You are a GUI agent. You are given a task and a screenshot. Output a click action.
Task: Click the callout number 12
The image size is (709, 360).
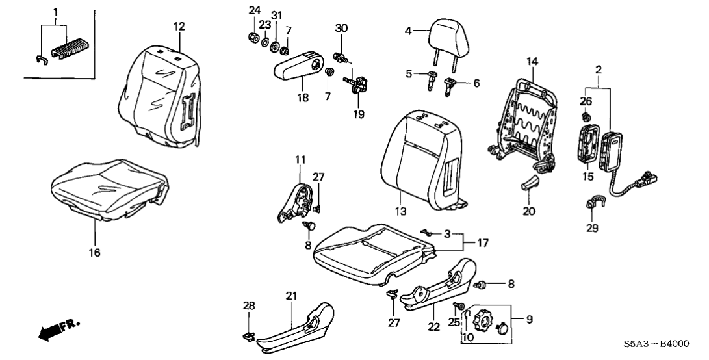(179, 27)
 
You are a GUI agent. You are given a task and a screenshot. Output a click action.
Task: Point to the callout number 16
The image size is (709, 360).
(95, 253)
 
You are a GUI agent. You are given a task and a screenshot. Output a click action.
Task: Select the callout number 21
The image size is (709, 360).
(291, 296)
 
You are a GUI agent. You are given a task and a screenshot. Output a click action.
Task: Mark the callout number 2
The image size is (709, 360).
(598, 69)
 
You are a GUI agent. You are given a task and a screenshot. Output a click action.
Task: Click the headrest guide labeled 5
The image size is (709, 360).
(432, 83)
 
